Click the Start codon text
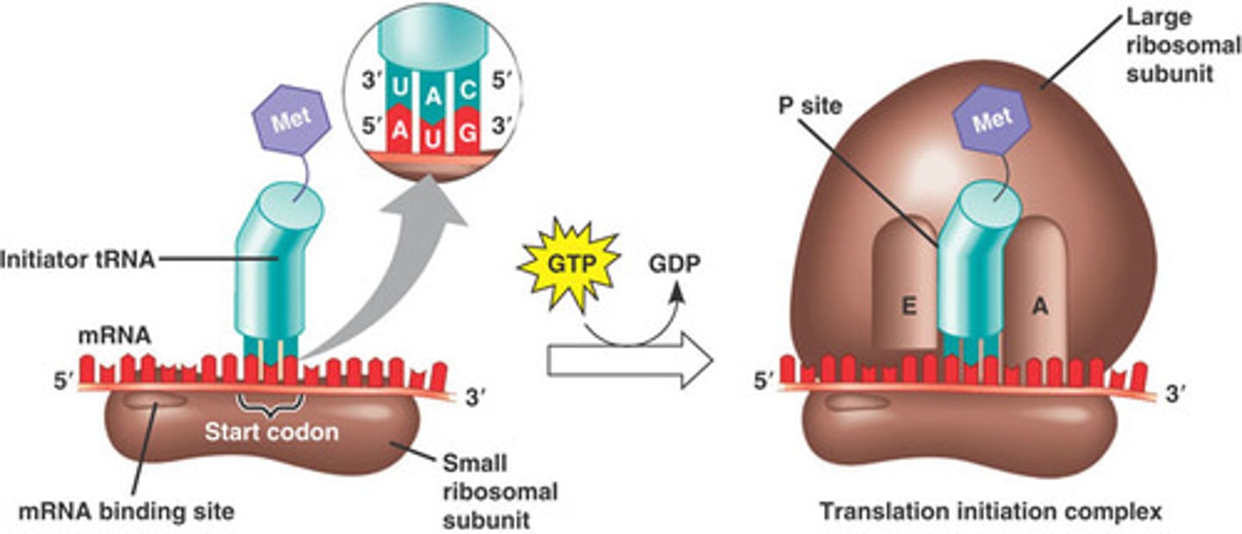271,432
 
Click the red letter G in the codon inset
467,135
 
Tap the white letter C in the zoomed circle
466,88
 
